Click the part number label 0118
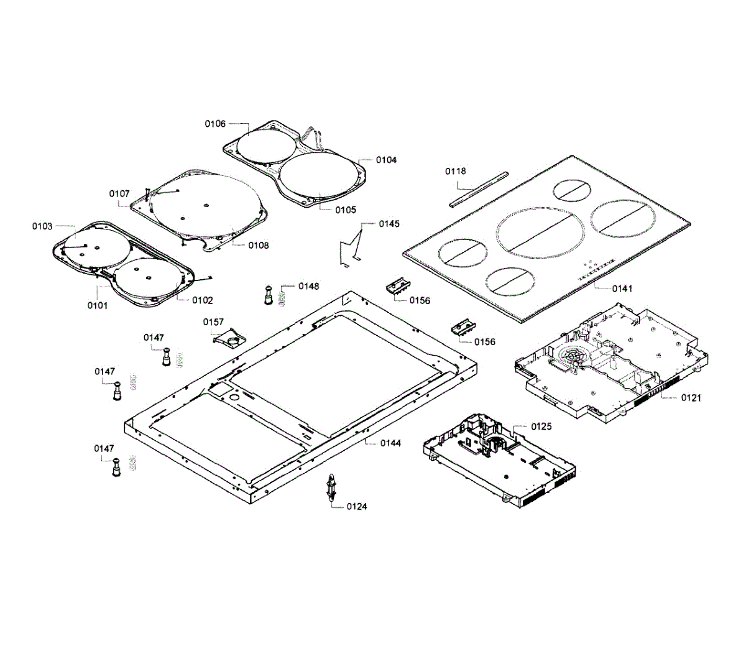[x=456, y=171]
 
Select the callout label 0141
[x=622, y=289]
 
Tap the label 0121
[x=691, y=397]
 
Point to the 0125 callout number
[x=541, y=427]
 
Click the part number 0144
[x=391, y=443]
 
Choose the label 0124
[x=357, y=507]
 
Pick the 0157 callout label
[x=213, y=322]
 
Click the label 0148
[x=309, y=286]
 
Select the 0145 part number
[x=390, y=224]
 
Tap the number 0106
[x=216, y=124]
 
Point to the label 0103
[x=43, y=226]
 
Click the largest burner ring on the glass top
[x=540, y=232]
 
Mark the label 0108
[x=259, y=246]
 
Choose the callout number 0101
[x=98, y=305]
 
